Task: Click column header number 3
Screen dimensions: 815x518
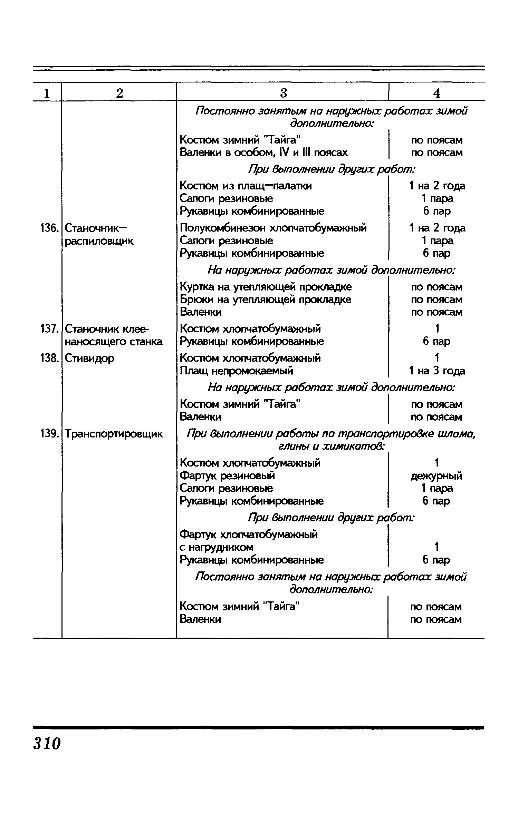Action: pos(283,93)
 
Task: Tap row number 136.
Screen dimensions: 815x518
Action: pos(48,228)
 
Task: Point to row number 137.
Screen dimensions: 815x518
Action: pos(48,329)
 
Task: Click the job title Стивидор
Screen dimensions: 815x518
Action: pos(89,358)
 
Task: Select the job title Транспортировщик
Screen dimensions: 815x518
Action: pos(114,434)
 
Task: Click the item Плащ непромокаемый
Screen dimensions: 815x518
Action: pos(237,371)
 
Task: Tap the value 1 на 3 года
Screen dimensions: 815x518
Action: pos(437,371)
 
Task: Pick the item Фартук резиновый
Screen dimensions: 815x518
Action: pos(227,476)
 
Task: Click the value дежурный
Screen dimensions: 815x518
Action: pos(437,476)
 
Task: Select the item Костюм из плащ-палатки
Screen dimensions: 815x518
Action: pos(246,186)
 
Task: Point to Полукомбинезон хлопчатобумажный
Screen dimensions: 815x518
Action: pos(273,228)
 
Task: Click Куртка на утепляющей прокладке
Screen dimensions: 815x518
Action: pos(266,287)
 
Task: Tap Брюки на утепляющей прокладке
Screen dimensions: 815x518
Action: pos(265,300)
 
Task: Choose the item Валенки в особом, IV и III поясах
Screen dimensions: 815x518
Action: pos(264,153)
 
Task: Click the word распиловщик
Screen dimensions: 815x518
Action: pos(99,241)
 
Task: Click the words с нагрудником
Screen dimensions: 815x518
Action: pos(217,547)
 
